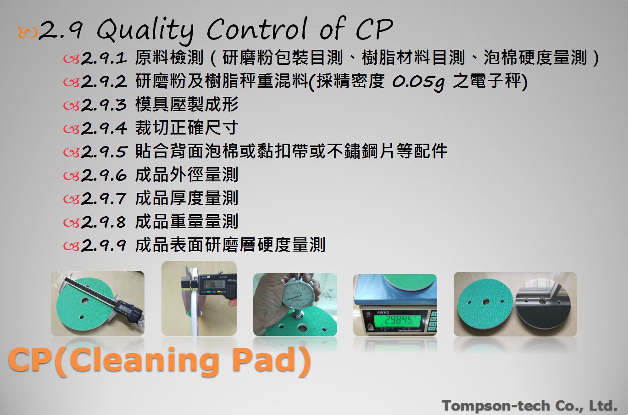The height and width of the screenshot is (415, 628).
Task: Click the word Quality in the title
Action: pos(145,31)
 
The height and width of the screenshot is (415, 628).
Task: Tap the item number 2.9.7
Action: pos(104,199)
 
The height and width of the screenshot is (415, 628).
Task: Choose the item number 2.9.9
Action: pos(104,246)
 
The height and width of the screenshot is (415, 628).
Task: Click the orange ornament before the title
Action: pos(27,32)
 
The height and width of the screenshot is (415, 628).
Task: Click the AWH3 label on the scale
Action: pos(383,313)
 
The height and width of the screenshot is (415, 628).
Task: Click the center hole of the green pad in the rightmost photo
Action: pos(486,302)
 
